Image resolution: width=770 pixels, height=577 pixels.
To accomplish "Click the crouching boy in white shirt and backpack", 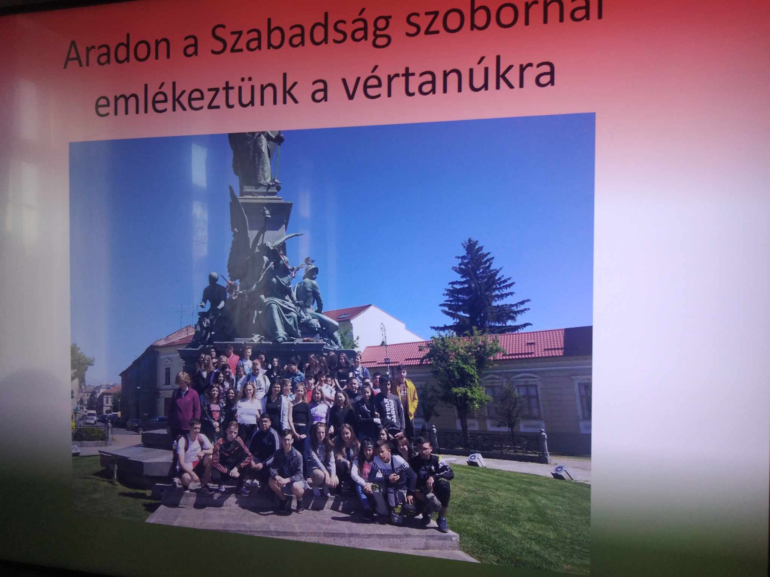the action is pos(192,455).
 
